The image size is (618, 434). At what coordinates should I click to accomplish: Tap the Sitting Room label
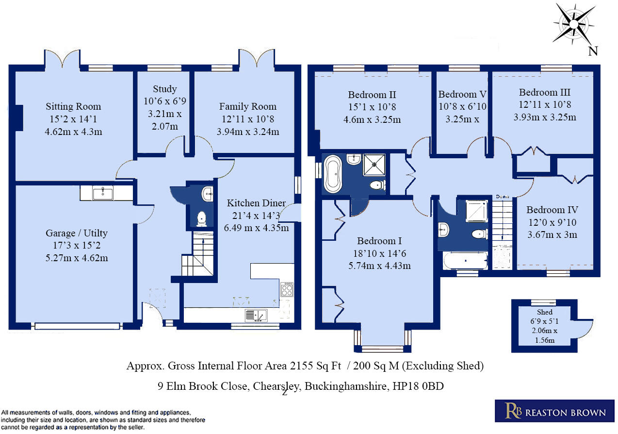[73, 106]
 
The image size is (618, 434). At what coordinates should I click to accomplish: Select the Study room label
[165, 89]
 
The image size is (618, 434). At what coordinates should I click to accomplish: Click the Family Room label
[247, 106]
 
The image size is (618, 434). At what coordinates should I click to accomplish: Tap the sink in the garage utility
[102, 193]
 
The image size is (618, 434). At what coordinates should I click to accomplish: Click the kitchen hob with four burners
[287, 290]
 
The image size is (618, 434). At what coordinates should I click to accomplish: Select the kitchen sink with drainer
[256, 316]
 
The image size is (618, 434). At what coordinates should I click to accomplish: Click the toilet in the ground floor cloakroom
[202, 219]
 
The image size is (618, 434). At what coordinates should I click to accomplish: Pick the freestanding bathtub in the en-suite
[333, 173]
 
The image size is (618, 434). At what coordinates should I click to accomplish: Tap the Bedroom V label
[462, 94]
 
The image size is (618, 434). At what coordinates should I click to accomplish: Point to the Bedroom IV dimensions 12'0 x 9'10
[552, 223]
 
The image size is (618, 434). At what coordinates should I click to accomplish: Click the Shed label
[544, 312]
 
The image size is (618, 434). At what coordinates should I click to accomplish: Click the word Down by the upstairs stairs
[502, 197]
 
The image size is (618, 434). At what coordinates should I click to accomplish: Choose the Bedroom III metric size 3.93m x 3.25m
[545, 117]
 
